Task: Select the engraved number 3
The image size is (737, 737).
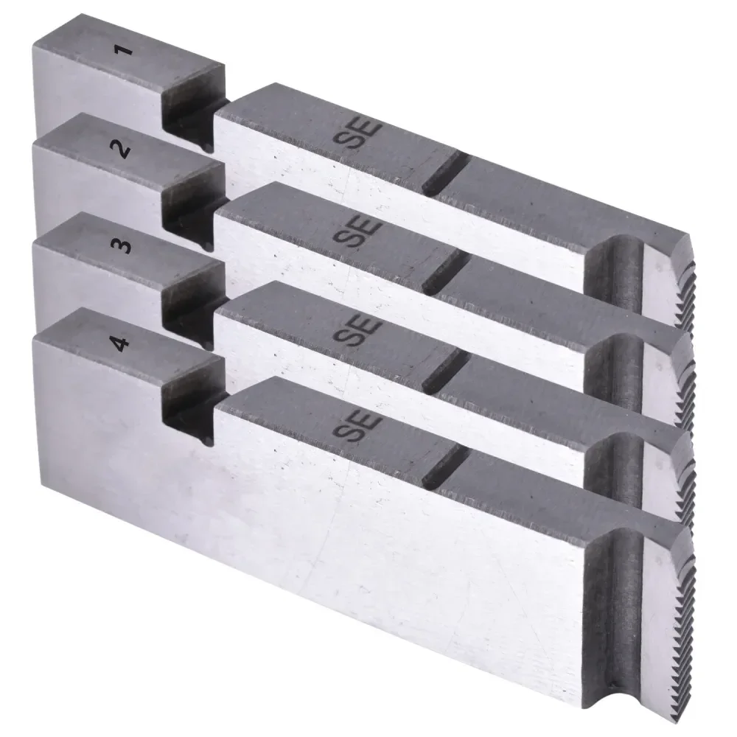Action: tap(123, 247)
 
